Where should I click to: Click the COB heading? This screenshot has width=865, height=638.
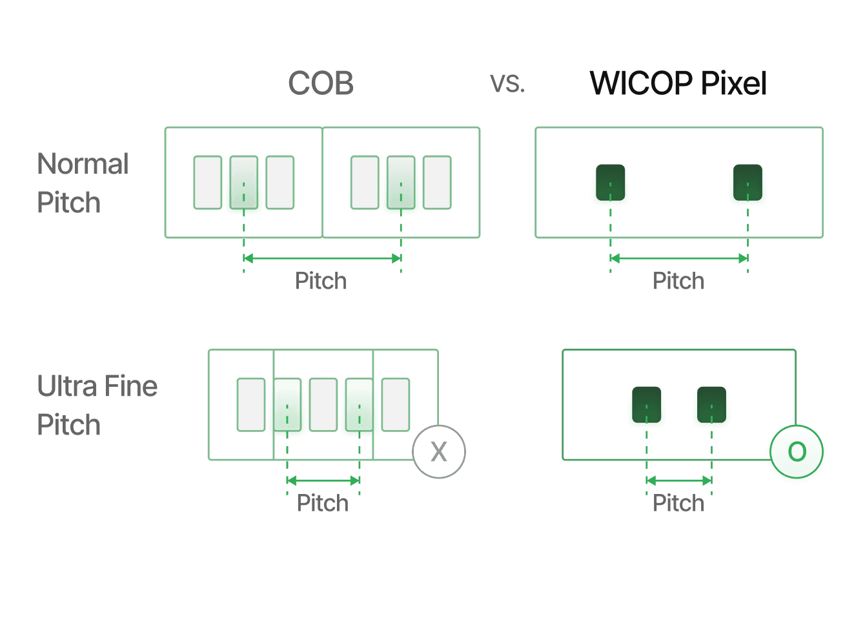coord(321,83)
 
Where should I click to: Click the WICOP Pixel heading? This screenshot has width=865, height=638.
coord(678,83)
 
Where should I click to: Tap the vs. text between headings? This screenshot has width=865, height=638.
coord(507,83)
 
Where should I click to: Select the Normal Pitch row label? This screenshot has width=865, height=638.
coord(83,183)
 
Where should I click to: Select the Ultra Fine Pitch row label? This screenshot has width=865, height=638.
coord(97,405)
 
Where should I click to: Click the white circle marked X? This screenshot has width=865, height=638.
coord(439,451)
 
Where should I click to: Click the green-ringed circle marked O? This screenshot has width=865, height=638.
coord(797,451)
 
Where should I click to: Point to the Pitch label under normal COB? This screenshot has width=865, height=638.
coord(321,281)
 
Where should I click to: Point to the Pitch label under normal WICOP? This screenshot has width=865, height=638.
coord(678,281)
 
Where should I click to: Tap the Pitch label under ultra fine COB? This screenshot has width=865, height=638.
coord(322,503)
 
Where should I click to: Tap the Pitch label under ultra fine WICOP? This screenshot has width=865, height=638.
coord(678,503)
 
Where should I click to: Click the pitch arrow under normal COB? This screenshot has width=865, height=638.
coord(322,258)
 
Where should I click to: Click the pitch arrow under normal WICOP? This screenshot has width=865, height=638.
coord(679,258)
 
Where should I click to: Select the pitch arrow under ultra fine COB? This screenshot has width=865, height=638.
coord(323,480)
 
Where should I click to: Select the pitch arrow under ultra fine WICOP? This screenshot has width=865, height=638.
coord(679,480)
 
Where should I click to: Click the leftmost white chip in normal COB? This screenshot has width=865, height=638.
coord(208,182)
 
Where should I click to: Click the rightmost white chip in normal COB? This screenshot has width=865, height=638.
coord(437,182)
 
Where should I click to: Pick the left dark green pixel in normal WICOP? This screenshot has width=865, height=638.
coord(611,184)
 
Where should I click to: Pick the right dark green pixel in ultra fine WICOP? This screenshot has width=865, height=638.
coord(711,406)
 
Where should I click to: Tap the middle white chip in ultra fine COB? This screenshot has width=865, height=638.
coord(323,405)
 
